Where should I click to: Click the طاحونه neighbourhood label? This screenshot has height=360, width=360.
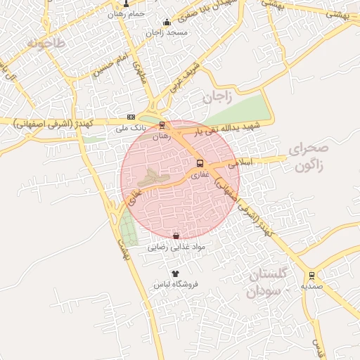46,44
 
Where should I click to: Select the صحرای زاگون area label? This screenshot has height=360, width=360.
308,157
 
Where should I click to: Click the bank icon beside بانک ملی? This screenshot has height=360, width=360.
131,117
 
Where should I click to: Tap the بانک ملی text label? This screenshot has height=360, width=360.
131,129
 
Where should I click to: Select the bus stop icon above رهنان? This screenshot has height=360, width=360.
162,125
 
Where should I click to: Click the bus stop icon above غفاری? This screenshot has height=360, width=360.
201,164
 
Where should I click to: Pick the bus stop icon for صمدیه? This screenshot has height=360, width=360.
311,276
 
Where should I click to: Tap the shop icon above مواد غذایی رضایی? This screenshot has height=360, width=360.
176,236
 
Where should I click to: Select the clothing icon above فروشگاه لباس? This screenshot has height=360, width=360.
175,274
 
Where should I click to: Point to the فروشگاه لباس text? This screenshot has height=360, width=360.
177,285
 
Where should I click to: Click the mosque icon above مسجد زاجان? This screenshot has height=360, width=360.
166,22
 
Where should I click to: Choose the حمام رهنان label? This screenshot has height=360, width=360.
127,14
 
